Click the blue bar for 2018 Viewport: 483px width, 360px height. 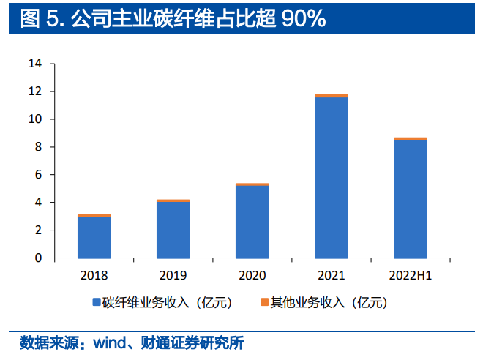click(x=94, y=237)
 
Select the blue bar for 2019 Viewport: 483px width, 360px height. click(x=173, y=230)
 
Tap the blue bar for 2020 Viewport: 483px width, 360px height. click(x=252, y=222)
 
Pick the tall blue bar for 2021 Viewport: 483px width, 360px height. click(x=332, y=177)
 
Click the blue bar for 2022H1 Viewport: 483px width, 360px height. click(x=411, y=199)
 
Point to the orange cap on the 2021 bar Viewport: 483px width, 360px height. click(x=332, y=96)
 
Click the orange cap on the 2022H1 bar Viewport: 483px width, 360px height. click(x=411, y=139)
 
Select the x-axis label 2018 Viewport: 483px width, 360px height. click(x=94, y=274)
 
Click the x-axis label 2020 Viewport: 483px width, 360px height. click(x=252, y=274)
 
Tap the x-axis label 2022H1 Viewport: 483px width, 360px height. click(x=411, y=274)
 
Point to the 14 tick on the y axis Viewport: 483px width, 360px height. click(x=35, y=64)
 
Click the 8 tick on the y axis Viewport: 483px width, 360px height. click(x=38, y=147)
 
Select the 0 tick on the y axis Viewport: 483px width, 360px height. click(x=38, y=258)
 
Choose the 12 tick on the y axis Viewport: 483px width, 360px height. click(x=35, y=91)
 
